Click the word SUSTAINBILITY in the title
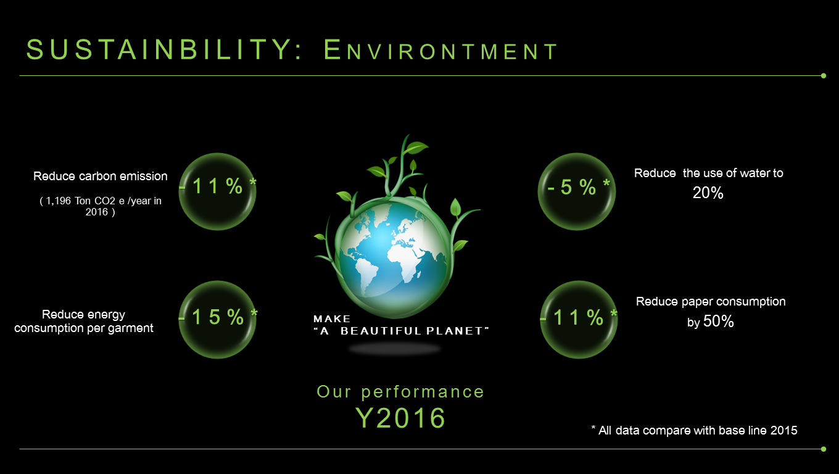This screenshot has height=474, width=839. click(160, 49)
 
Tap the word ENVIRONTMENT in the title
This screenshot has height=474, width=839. click(440, 50)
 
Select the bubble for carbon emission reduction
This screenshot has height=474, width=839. click(217, 191)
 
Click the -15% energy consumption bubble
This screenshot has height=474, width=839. click(217, 320)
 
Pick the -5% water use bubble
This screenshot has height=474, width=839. click(577, 191)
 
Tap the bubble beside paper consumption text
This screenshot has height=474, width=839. click(579, 320)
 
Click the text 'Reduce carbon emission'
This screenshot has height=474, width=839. click(101, 176)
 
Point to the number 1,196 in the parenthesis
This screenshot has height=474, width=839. click(58, 201)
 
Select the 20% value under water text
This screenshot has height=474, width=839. click(708, 193)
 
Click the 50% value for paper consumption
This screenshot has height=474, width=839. click(718, 321)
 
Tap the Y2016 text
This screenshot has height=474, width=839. click(400, 418)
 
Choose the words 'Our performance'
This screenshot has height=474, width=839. click(400, 392)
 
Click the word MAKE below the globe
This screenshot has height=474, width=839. click(332, 319)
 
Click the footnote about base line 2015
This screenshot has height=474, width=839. click(694, 430)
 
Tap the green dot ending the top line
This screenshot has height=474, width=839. click(823, 76)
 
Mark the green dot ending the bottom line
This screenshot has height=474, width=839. click(823, 449)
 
